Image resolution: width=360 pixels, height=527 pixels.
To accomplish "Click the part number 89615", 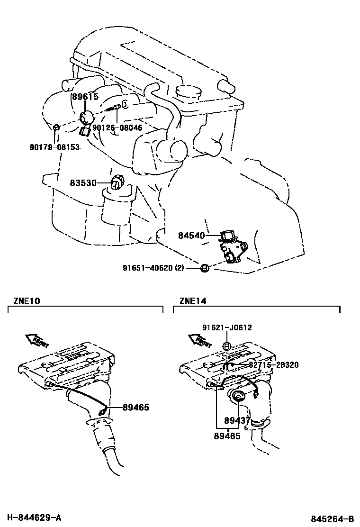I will tap(85, 97).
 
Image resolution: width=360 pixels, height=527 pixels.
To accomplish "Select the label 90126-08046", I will tap(117, 128).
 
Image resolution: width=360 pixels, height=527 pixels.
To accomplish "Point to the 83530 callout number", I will tap(83, 182).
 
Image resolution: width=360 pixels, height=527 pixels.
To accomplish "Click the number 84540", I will tap(191, 235).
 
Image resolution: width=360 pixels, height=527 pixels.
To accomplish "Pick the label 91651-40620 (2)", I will tap(153, 268).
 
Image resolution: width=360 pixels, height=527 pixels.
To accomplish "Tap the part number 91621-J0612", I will tap(227, 327).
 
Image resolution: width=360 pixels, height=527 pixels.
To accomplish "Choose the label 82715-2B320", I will tap(274, 365).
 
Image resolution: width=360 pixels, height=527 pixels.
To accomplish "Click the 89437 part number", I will tap(237, 420).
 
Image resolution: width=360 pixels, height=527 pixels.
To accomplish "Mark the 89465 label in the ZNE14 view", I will tap(227, 436).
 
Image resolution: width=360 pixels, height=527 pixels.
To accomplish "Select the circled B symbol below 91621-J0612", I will tap(227, 346).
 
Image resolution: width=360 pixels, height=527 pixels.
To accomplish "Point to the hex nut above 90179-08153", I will tap(56, 127).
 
